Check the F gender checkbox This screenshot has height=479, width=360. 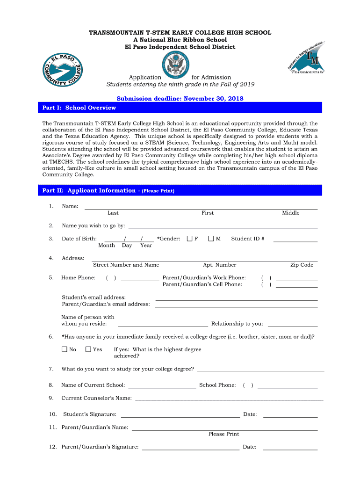189,239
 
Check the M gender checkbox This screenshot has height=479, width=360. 211,239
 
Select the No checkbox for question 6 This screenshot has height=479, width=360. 65,349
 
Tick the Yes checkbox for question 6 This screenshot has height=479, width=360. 88,349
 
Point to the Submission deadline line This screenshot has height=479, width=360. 180,99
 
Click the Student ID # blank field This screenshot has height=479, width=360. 295,240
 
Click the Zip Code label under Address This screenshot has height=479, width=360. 302,265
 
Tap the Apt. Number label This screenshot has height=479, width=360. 219,265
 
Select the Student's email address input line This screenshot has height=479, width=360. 236,299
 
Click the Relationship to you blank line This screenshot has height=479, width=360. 292,326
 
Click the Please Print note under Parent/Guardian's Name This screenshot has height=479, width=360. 223,434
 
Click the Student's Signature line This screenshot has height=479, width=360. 180,416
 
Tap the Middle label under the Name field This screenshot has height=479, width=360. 290,213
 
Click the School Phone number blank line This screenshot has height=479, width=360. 287,387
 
